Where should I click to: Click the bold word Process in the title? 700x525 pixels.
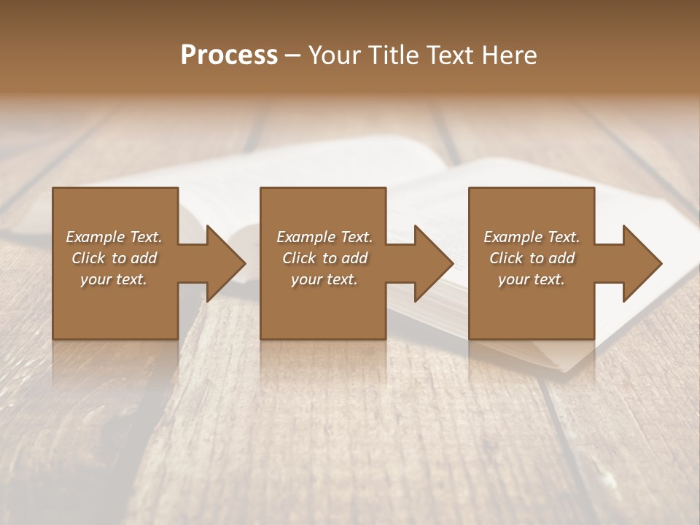pos(229,55)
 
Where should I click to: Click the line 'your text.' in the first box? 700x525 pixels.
pos(114,279)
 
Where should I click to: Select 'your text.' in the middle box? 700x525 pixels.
pos(324,279)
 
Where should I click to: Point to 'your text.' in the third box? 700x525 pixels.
pos(532,279)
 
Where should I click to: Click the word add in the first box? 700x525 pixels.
pos(144,258)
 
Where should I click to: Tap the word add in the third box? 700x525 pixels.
pos(562,258)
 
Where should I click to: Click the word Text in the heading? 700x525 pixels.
pos(450,55)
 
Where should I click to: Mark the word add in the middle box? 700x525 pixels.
pos(354,258)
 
